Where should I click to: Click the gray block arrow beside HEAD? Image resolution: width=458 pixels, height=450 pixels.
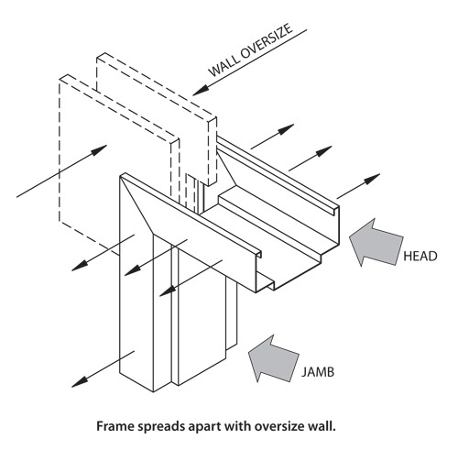click(376, 241)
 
